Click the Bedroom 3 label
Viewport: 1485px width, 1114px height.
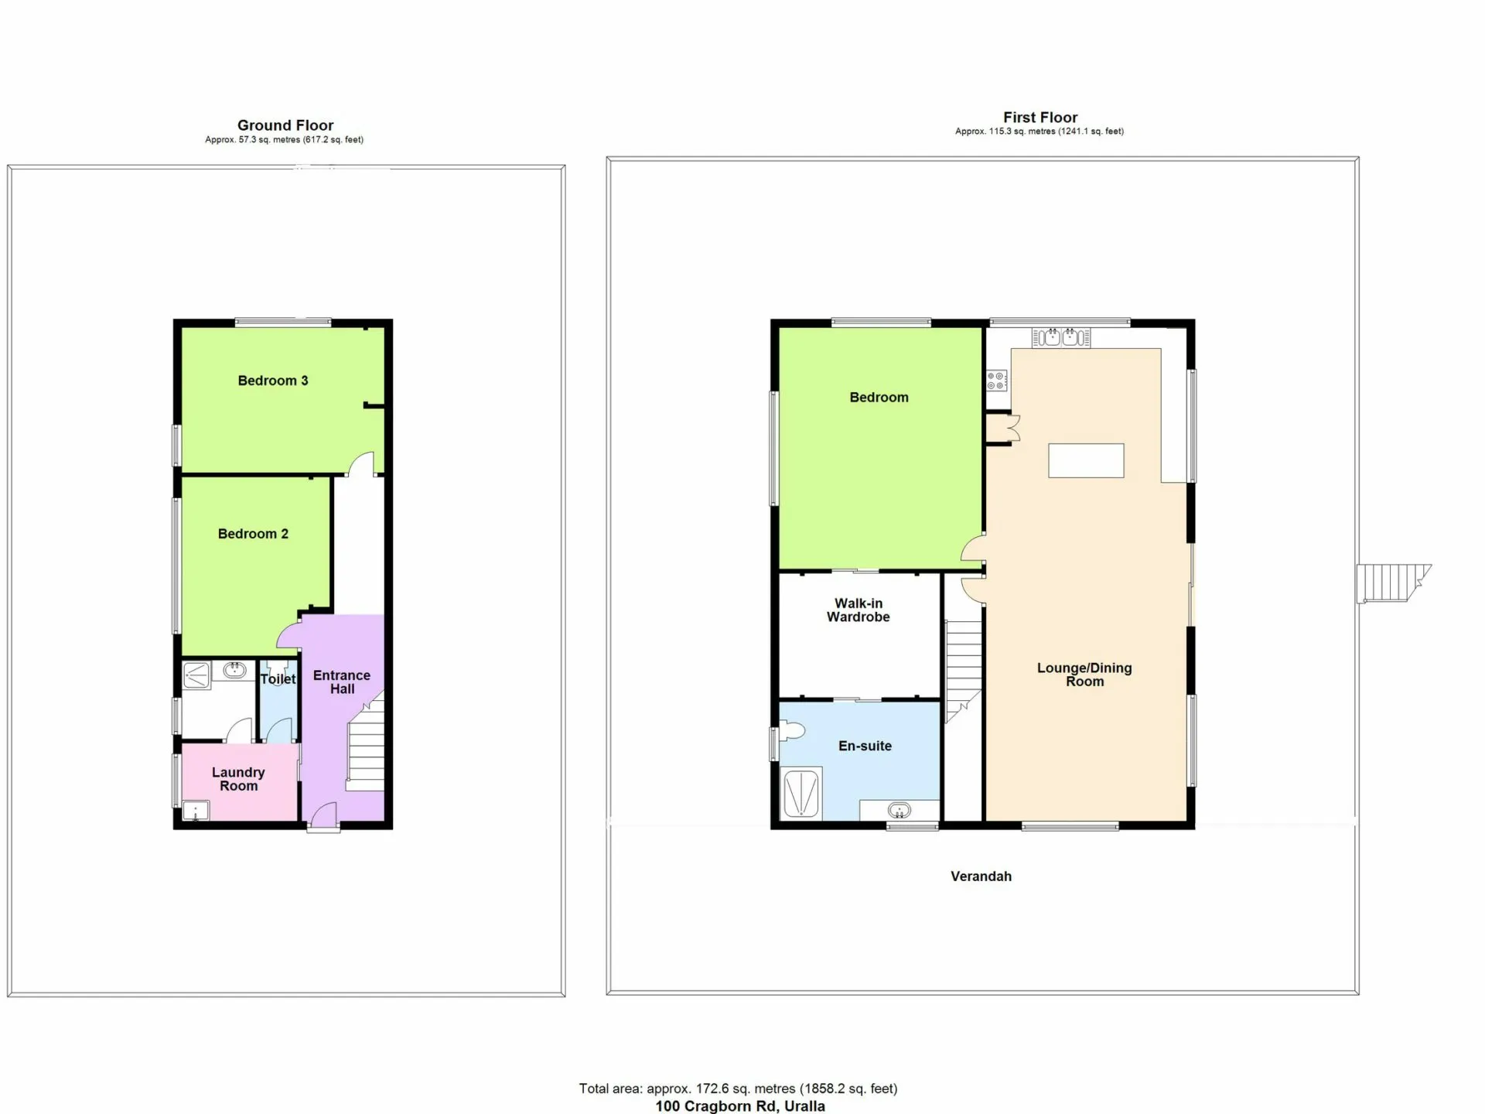(273, 381)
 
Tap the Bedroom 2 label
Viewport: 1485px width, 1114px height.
(253, 534)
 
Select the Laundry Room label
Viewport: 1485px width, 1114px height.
(238, 779)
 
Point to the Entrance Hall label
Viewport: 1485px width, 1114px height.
(342, 682)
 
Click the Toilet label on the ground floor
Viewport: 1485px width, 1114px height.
(278, 679)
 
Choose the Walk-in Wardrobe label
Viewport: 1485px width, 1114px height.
(859, 610)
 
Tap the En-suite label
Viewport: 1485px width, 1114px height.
(865, 746)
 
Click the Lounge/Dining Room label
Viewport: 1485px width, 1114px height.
(1084, 675)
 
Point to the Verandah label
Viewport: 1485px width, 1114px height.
(981, 877)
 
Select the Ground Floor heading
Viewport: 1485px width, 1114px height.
(285, 125)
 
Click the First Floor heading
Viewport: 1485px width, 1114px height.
(1040, 118)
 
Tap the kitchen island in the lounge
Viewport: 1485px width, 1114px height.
(1086, 460)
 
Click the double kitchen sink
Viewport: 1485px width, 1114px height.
(1061, 337)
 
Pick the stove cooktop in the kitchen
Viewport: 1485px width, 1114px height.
(996, 381)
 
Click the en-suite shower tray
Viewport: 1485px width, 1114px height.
(801, 794)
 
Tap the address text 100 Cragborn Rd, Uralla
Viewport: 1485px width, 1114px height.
(740, 1106)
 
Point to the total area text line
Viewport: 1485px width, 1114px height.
(739, 1088)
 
